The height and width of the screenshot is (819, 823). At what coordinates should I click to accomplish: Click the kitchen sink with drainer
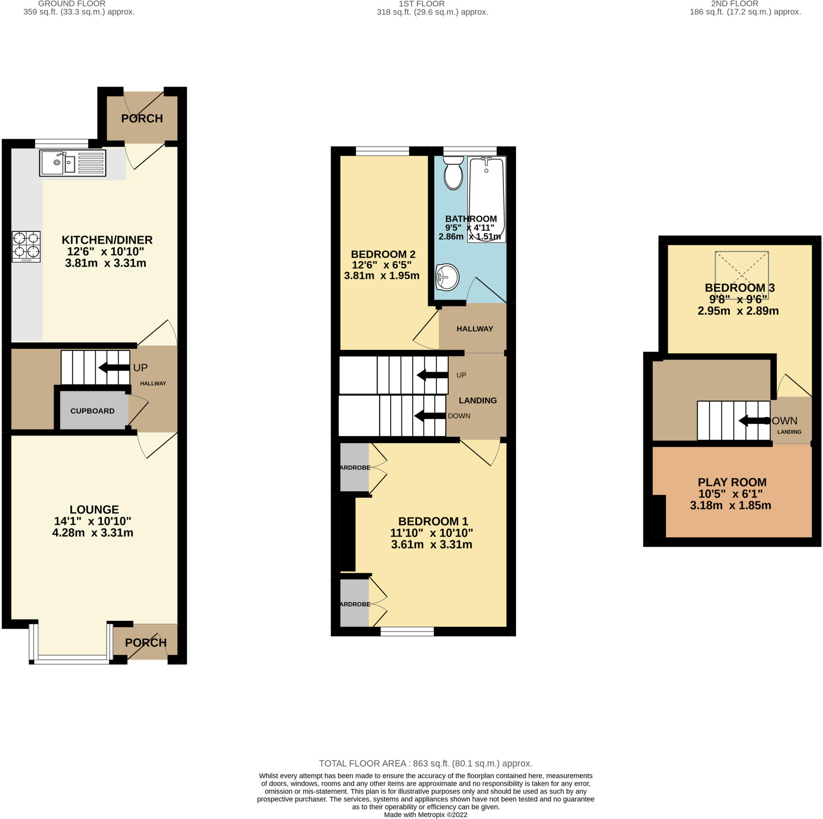(72, 163)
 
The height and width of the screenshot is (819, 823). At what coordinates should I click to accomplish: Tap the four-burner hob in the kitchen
(26, 247)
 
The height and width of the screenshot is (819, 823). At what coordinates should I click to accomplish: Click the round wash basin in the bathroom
(447, 277)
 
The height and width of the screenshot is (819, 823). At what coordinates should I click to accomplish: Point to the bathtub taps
(486, 161)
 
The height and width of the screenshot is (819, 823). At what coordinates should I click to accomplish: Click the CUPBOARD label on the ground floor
(92, 411)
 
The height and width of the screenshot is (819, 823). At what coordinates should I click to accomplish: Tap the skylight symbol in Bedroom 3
(742, 275)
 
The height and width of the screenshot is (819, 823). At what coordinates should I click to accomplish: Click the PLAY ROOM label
(732, 482)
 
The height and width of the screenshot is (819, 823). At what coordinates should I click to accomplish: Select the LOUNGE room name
(94, 509)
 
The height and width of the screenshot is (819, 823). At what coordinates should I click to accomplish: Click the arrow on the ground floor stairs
(114, 367)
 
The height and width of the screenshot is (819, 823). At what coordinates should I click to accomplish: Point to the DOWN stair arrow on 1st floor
(430, 416)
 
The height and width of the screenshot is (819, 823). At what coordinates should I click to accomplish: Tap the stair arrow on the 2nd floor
(754, 421)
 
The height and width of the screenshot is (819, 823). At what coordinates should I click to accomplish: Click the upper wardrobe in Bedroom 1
(354, 467)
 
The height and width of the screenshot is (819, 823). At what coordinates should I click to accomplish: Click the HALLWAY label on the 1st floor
(475, 329)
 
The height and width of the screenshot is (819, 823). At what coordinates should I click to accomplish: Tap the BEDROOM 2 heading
(383, 254)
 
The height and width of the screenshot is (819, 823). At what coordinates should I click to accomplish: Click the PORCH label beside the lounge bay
(146, 642)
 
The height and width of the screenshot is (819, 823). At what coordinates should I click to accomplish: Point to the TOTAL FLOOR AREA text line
(426, 763)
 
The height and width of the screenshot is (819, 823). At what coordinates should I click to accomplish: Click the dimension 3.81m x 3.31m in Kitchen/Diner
(106, 263)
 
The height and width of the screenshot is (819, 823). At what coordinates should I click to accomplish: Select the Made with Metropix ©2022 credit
(426, 814)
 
